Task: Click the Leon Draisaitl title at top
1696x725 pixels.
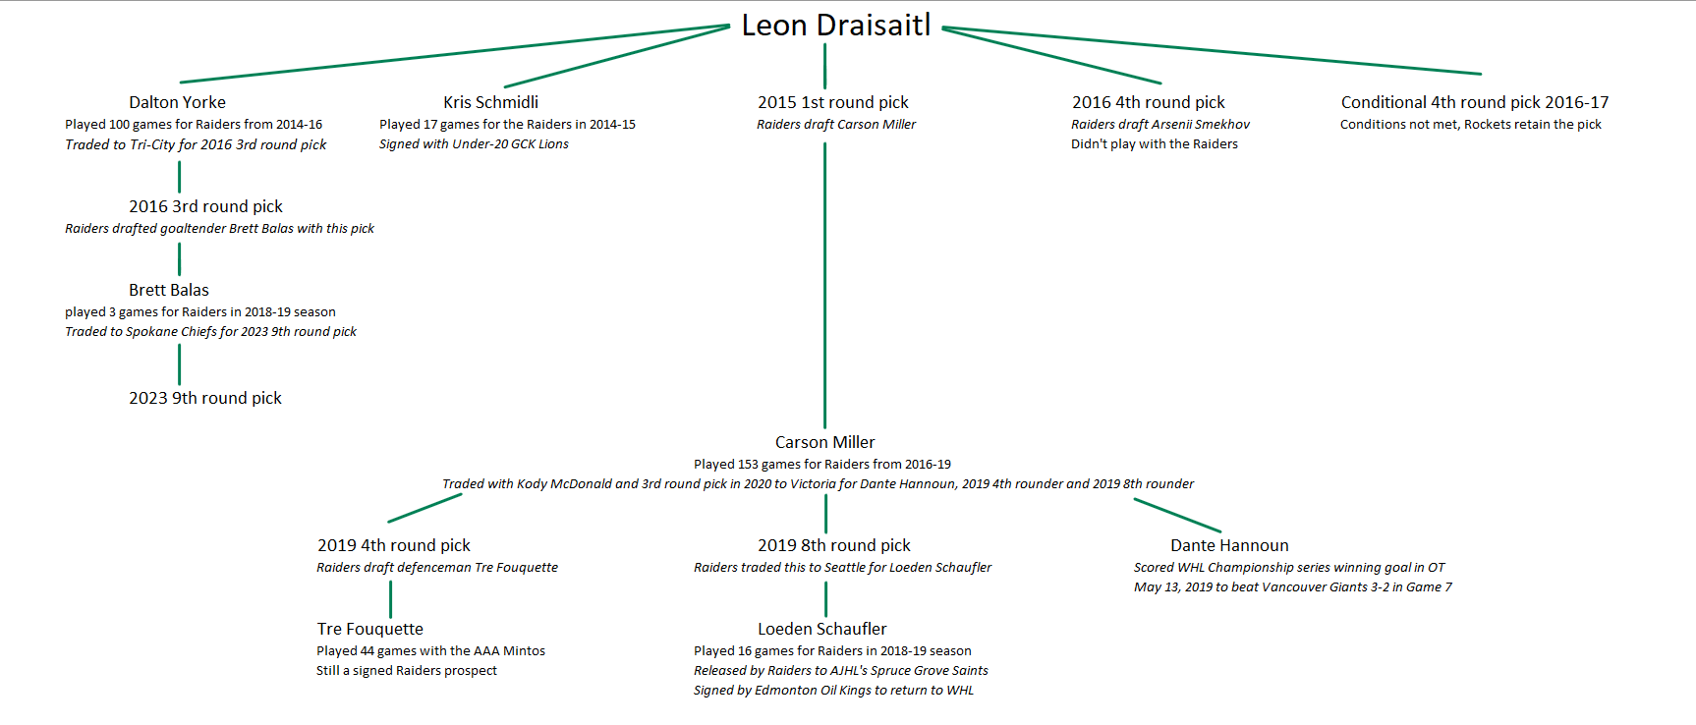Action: [835, 26]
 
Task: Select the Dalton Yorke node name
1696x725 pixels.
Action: [177, 102]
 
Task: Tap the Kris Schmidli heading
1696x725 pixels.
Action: [490, 102]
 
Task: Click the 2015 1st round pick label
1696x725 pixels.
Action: [832, 102]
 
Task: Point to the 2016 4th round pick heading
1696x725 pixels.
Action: [1148, 102]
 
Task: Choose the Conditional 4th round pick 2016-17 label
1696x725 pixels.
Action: [1474, 102]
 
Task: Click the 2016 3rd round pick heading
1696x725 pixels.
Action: [205, 206]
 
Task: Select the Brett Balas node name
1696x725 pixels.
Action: [168, 290]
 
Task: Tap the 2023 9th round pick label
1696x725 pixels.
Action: [204, 398]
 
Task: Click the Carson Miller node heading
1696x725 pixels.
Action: [824, 442]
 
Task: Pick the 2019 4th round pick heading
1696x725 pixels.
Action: [393, 545]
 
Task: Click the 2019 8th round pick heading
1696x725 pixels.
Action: [833, 545]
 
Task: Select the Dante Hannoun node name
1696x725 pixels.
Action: [1228, 545]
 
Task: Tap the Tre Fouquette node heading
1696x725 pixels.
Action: [369, 629]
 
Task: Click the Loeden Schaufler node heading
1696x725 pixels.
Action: [821, 629]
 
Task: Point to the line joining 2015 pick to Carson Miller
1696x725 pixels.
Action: [824, 285]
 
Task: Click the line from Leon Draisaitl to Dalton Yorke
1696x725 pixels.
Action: [452, 54]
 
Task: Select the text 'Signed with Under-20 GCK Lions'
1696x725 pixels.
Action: [474, 144]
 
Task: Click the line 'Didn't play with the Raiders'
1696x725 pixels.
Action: [1154, 144]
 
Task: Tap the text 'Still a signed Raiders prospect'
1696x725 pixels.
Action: [406, 671]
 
